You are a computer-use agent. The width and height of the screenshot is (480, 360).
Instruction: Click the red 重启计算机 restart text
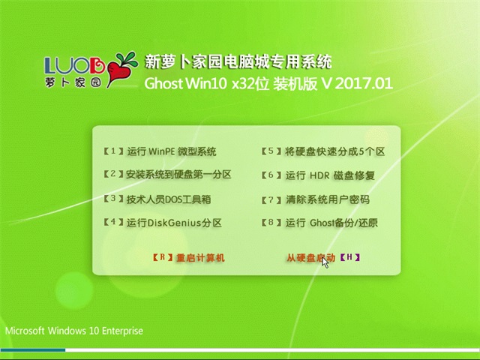(200, 258)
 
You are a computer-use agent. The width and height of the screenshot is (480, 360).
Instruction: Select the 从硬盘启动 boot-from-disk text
(310, 258)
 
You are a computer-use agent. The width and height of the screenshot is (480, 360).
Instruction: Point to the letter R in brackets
(163, 258)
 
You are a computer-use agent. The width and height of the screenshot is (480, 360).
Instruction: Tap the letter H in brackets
(350, 258)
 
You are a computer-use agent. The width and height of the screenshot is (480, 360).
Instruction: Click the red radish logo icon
(119, 69)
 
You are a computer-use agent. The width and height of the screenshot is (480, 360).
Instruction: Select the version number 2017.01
(364, 82)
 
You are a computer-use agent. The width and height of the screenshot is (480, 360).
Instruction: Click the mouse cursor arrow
(325, 262)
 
